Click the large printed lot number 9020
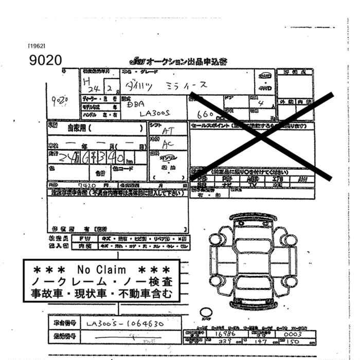[x=46, y=60]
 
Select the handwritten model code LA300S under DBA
[x=155, y=114]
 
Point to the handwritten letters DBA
[x=135, y=103]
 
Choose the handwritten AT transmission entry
[x=167, y=131]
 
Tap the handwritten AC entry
[x=168, y=144]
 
